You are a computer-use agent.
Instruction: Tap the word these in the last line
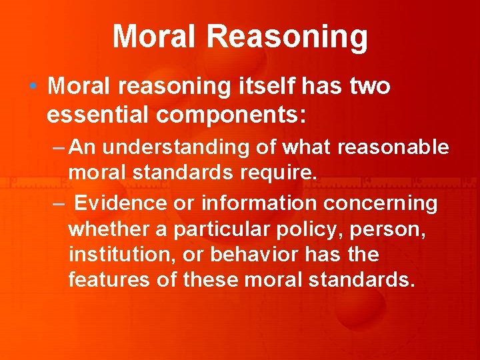211,279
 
